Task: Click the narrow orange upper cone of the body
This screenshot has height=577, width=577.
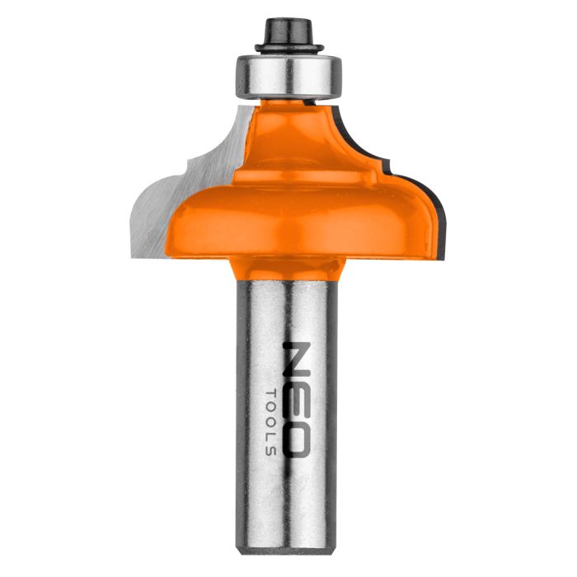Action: tap(288, 132)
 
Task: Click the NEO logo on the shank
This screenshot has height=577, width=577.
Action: tap(297, 396)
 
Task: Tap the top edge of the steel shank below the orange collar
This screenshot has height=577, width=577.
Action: tap(288, 281)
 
